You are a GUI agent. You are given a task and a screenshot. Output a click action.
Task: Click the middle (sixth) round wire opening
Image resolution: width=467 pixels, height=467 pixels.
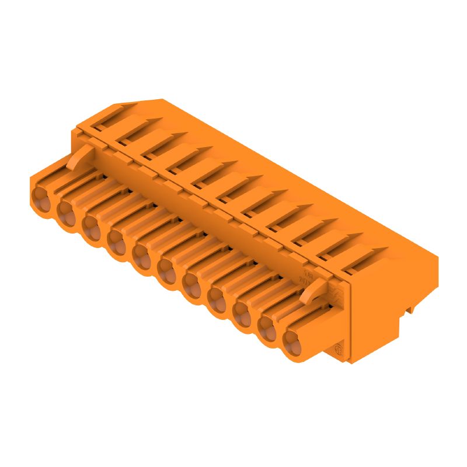tap(167, 269)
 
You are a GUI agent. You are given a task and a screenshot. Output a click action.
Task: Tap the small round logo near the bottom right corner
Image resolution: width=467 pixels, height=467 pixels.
tap(337, 350)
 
